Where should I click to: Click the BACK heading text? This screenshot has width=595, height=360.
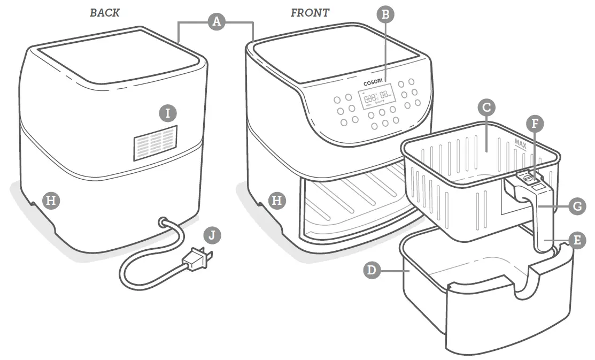105,13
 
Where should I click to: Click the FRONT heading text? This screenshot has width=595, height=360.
310,13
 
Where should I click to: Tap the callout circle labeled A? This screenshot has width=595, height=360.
215,21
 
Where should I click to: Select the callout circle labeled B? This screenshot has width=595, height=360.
384,14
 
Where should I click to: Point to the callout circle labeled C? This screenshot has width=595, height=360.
486,108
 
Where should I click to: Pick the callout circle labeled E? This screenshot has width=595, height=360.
576,240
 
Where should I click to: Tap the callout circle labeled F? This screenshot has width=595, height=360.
535,124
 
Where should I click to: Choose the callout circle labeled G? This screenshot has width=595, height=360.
577,206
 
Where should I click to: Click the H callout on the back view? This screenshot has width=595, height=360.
51,201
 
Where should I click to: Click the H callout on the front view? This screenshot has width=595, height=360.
276,201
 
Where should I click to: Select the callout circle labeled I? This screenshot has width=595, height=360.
168,113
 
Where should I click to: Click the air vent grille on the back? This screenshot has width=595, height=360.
155,143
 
